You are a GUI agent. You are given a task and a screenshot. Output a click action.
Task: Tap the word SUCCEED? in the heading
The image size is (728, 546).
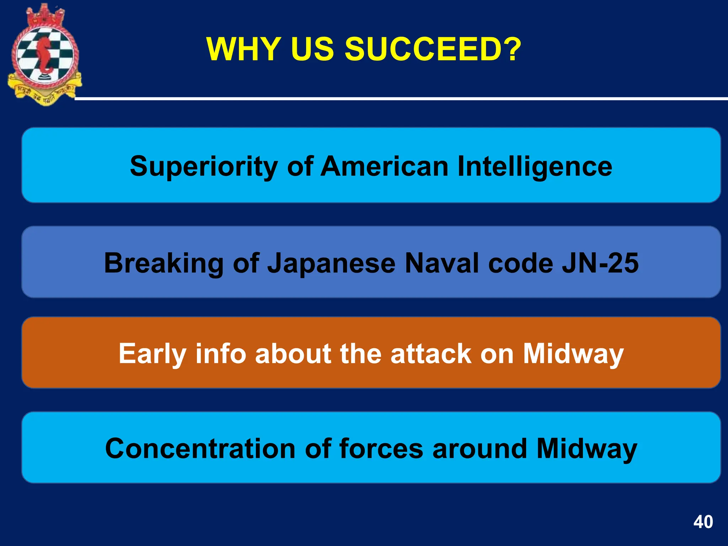coord(433,49)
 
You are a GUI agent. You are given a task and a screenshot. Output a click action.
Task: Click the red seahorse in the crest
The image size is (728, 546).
coord(44,55)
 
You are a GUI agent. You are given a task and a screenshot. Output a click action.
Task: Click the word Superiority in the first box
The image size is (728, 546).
coord(204,166)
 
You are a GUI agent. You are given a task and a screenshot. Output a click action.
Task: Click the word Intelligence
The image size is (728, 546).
coord(535,166)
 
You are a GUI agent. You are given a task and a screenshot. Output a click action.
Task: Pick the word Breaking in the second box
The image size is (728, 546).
coord(164,263)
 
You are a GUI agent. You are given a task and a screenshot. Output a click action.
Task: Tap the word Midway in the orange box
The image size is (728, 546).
coord(573,354)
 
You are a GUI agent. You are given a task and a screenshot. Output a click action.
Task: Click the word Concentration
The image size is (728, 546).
coord(200,449)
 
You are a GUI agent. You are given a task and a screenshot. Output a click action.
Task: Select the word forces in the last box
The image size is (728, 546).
coord(381,449)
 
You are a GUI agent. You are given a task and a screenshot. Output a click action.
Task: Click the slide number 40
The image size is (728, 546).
coord(703,522)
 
